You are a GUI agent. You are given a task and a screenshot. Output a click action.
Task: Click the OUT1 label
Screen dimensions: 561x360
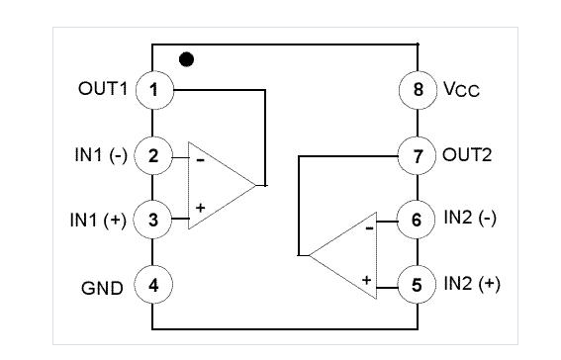tap(103, 89)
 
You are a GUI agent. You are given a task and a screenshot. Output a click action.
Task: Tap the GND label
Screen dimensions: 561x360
tap(102, 288)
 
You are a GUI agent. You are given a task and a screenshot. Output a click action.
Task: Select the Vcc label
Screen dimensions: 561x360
tap(461, 89)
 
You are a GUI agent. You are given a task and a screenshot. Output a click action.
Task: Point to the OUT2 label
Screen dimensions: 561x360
tap(467, 155)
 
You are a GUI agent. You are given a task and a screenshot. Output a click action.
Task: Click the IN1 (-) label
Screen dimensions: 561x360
tap(101, 155)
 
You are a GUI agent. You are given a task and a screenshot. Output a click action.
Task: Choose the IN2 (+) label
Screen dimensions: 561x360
tap(472, 284)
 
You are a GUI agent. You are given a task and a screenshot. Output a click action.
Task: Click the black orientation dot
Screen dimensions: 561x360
tap(186, 59)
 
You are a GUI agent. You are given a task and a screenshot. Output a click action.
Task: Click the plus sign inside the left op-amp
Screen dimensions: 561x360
tap(200, 208)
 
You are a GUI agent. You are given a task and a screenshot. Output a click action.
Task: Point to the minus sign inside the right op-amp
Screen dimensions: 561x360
tap(370, 228)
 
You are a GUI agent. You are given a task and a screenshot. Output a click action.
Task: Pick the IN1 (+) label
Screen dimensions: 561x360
tap(98, 220)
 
